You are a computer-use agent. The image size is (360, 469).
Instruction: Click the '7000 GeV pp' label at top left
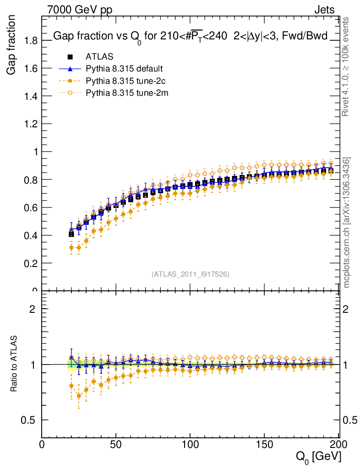80,10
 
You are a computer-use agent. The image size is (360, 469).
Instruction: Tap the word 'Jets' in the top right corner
324,10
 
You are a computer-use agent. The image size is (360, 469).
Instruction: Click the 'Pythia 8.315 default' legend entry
124,69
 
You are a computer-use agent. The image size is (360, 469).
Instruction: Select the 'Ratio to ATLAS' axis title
14,364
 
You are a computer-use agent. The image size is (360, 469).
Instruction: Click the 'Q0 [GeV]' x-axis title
317,456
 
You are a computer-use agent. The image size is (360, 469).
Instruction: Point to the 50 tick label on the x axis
116,444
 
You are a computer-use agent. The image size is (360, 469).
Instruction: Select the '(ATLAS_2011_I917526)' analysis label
190,274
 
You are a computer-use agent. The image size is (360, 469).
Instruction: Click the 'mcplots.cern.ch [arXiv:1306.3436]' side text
347,223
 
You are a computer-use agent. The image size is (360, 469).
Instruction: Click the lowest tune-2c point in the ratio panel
79,396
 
